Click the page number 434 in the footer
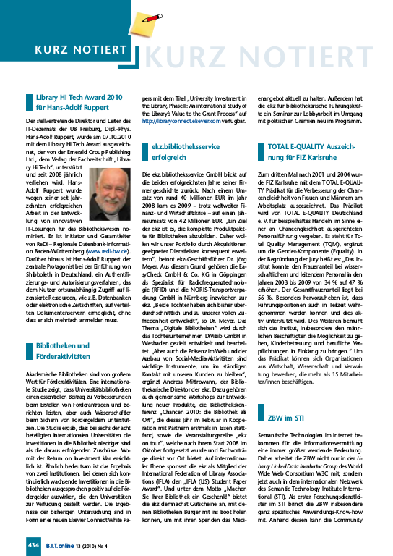(x=33, y=543)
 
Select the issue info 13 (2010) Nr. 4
(x=104, y=543)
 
